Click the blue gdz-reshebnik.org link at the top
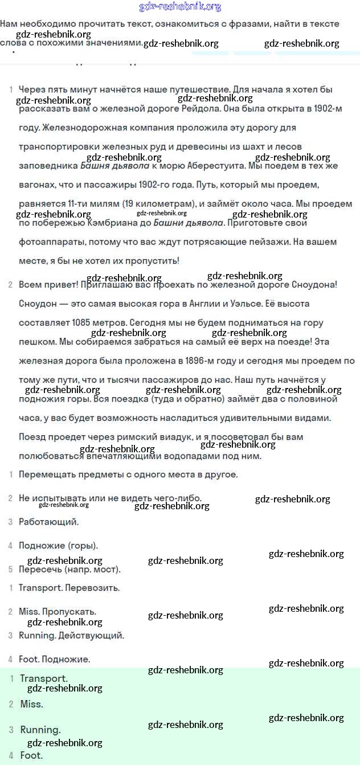(x=180, y=7)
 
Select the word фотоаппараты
(x=47, y=242)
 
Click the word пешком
(x=35, y=342)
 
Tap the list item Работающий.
(x=49, y=522)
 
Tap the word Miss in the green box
(x=31, y=704)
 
